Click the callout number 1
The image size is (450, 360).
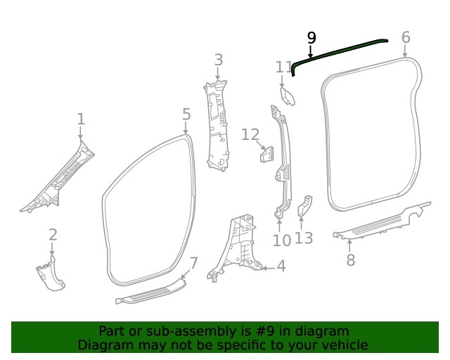click(x=81, y=119)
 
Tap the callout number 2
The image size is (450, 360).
click(x=53, y=236)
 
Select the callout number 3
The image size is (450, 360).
click(x=219, y=60)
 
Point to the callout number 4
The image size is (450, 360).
click(x=281, y=266)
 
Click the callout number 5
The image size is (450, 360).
click(x=186, y=114)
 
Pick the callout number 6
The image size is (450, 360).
click(x=406, y=37)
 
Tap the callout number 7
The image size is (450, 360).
click(x=194, y=264)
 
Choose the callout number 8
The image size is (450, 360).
click(x=350, y=260)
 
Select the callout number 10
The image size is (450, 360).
click(x=281, y=241)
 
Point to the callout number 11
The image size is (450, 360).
click(x=284, y=67)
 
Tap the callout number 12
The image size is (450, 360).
click(x=251, y=134)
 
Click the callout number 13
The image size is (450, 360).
click(x=303, y=238)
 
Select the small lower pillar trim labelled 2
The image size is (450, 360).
click(x=50, y=274)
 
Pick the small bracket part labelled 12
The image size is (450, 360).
click(x=268, y=153)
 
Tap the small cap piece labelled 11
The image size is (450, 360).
click(x=288, y=96)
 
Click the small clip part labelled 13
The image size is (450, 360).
click(x=306, y=206)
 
